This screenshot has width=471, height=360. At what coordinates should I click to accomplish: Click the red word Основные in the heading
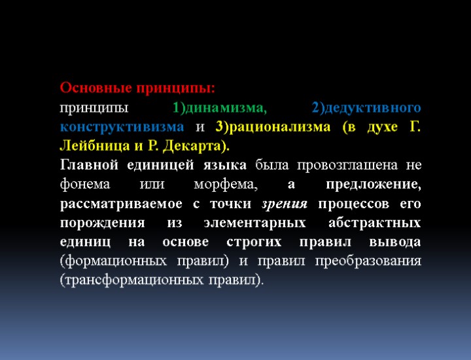click(93, 88)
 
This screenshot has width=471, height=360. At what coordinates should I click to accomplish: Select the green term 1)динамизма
click(220, 107)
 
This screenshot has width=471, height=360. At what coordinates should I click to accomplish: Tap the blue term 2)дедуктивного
click(366, 107)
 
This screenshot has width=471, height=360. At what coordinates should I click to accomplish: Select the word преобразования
click(370, 261)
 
